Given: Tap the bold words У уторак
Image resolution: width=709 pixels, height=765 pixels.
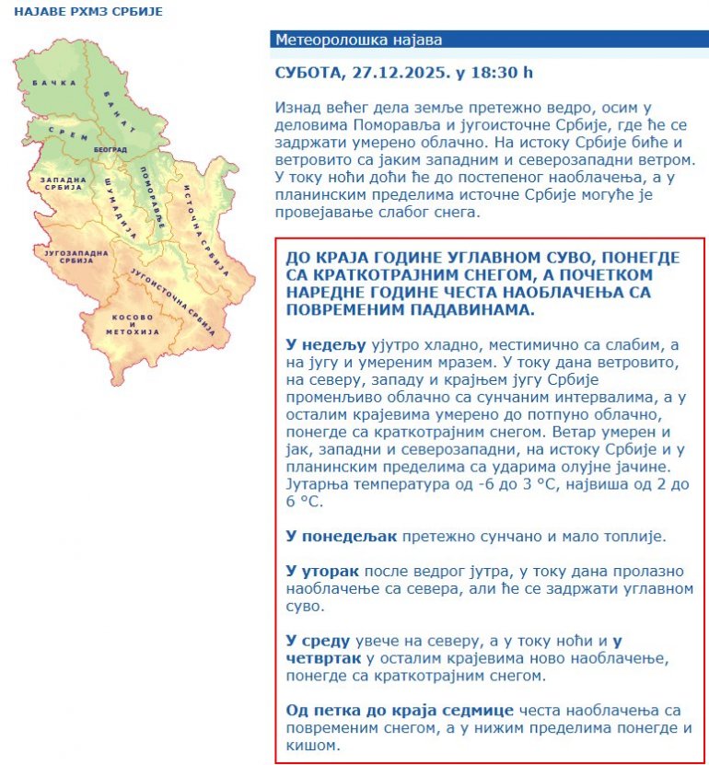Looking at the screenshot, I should [320, 572].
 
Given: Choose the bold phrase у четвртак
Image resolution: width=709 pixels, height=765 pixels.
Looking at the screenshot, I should [324, 658].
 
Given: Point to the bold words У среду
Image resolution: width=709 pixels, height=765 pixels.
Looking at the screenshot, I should [318, 641].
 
